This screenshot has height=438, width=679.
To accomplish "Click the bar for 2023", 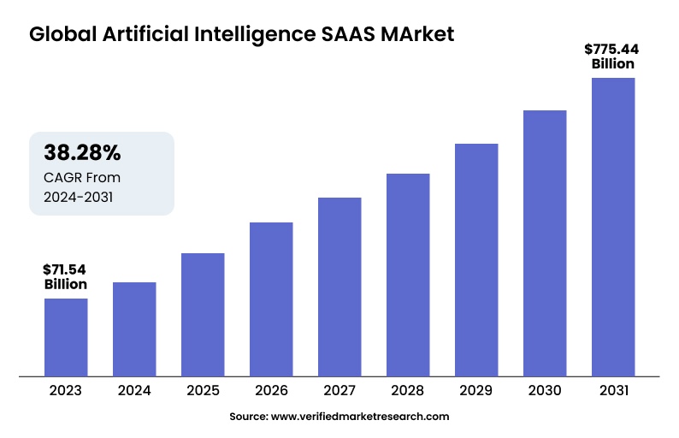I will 66,336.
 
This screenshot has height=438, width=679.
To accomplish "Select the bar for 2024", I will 134,328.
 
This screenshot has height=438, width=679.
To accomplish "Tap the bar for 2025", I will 203,314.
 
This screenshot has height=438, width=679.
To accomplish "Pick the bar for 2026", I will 271,299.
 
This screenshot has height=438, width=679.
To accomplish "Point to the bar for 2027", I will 339,287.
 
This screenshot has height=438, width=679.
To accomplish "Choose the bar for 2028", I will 408,274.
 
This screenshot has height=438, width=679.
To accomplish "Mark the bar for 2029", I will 476,259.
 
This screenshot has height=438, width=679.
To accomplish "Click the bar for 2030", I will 545,243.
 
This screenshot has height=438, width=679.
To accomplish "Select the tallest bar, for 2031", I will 613,227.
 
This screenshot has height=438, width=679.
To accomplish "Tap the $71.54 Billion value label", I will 66,277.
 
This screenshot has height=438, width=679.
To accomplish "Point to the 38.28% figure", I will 82,153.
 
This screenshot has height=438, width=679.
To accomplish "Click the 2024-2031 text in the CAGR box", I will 78,197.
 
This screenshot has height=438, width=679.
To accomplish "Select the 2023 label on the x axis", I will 66,390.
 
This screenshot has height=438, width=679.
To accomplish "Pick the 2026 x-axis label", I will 271,390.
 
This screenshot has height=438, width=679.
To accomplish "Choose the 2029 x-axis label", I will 476,390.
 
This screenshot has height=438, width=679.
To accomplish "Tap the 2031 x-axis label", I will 613,390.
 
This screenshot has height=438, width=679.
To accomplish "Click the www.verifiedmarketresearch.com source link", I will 360,417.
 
